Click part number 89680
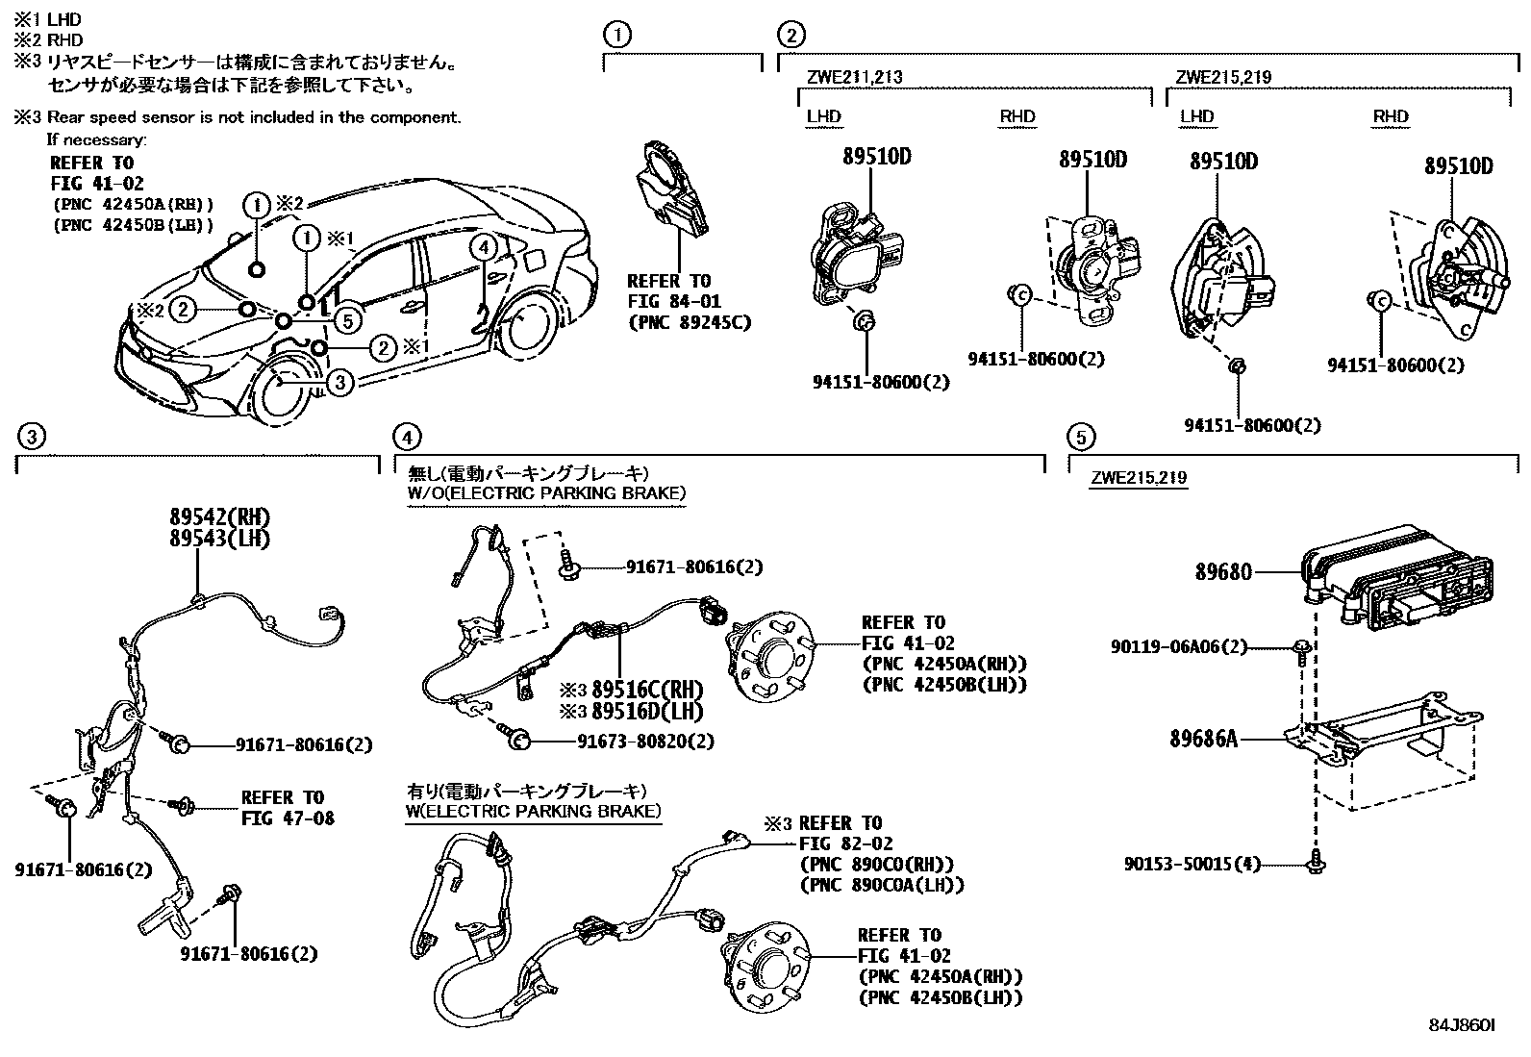pos(1223,572)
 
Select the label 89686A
pos(1203,740)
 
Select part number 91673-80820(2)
pos(646,742)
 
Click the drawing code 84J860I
pos(1461,1026)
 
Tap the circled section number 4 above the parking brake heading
pos(408,438)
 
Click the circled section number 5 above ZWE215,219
pos(1081,438)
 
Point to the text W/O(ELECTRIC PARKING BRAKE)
pos(546,493)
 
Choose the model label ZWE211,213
pos(854,78)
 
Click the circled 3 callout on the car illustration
pos(339,383)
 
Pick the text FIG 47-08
pos(288,818)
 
